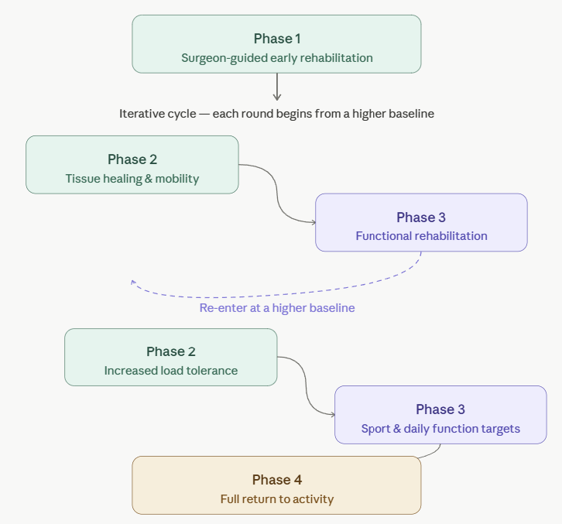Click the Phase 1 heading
(x=276, y=39)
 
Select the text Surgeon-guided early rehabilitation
(x=276, y=58)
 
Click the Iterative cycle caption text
(x=276, y=114)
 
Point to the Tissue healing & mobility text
(x=132, y=179)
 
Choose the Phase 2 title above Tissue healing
(x=132, y=159)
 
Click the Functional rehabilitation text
(x=421, y=236)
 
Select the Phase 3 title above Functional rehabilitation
(x=421, y=217)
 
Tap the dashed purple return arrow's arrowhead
(x=134, y=283)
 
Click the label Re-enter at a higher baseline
(x=277, y=308)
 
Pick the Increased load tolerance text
(x=171, y=371)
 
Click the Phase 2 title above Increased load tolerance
(x=171, y=351)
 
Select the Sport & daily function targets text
(x=440, y=429)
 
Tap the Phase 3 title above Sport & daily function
(x=440, y=409)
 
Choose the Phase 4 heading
(x=276, y=480)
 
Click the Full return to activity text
(x=276, y=499)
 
